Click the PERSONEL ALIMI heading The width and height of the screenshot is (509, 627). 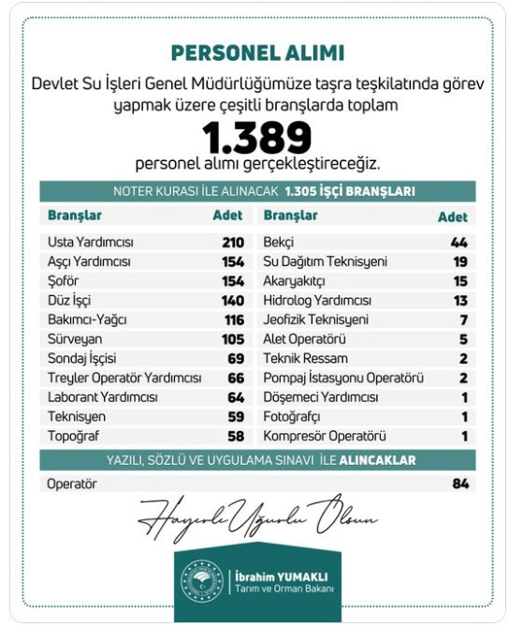[256, 52]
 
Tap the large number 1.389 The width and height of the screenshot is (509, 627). [256, 138]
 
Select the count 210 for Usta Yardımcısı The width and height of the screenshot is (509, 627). [232, 242]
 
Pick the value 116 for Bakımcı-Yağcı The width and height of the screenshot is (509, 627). [232, 320]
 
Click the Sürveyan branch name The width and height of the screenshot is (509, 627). [74, 339]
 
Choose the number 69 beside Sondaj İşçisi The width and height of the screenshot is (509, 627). [235, 359]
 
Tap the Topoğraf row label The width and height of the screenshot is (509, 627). [74, 436]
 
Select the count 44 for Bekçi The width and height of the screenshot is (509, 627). [458, 242]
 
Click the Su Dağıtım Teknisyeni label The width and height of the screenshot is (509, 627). [325, 261]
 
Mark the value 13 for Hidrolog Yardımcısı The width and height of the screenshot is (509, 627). [459, 301]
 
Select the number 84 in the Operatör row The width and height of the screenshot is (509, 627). [458, 484]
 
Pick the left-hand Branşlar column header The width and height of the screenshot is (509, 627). [74, 216]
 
